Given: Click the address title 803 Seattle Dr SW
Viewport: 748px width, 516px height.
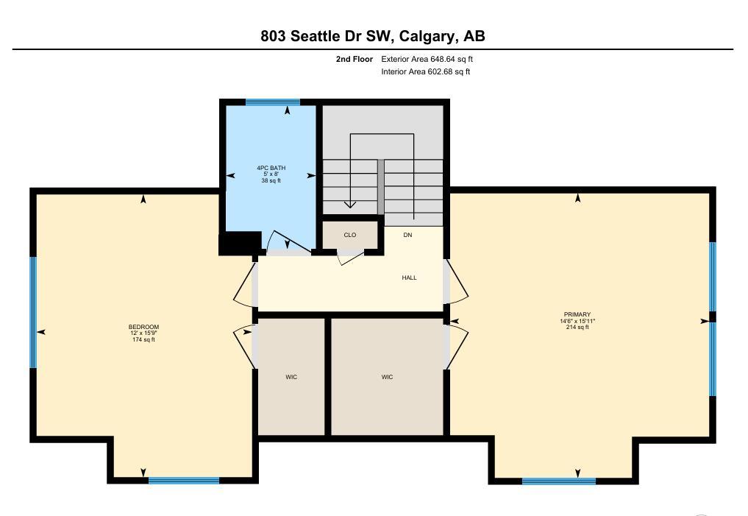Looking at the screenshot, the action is coord(327,36).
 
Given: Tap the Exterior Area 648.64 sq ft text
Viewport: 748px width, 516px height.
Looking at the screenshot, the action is coord(427,59).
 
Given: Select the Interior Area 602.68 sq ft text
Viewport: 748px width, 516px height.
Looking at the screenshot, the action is coord(426,71).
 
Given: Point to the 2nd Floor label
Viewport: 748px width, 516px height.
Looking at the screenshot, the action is coord(355,59).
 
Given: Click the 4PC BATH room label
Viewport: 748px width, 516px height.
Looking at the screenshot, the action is coord(271,168).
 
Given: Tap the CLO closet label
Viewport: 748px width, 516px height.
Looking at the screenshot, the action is coord(350,235).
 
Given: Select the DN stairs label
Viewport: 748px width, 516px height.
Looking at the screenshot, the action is coord(408,235).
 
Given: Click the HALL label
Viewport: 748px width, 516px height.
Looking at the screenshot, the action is coord(409,278).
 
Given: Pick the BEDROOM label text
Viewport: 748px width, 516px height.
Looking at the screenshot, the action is coord(143,327).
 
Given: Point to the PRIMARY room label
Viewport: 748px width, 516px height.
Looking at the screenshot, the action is coord(577,314).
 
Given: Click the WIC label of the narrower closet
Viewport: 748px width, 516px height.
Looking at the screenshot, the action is coord(291,377).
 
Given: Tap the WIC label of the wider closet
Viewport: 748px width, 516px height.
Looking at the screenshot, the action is coord(388,377).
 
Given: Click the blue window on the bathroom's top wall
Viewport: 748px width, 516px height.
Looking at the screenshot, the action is coord(273,102).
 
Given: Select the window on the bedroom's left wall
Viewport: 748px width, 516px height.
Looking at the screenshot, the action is coord(33,312).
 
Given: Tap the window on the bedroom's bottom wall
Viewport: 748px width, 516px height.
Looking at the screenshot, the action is coord(184,480).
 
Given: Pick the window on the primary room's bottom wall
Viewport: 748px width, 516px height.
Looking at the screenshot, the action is coord(559,481).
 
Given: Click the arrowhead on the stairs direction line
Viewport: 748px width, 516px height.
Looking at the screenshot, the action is coord(351,205).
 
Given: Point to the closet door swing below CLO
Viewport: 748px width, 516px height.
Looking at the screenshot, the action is coord(351,257).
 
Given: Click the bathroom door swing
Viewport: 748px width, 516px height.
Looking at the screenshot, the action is coord(288,241).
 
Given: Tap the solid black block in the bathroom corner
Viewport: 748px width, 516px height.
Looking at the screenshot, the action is coord(240,243).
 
